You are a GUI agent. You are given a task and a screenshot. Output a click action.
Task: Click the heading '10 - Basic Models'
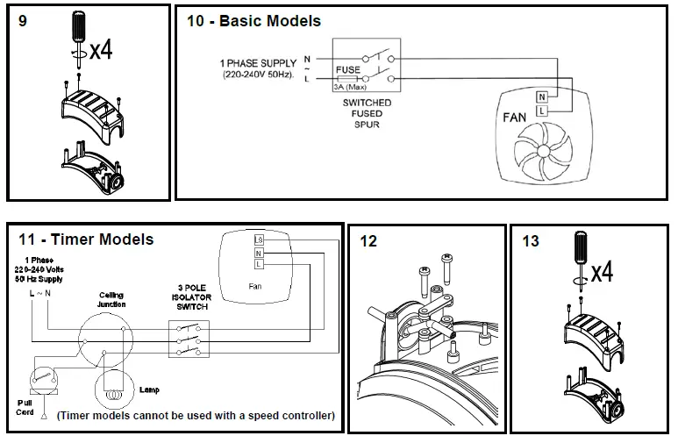pos(253,20)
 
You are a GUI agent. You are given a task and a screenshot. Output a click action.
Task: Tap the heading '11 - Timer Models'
pos(85,239)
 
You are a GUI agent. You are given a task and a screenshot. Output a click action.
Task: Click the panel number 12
pos(368,241)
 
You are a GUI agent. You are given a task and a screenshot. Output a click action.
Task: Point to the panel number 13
pos(531,241)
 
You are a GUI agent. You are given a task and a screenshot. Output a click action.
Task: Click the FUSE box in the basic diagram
pos(347,70)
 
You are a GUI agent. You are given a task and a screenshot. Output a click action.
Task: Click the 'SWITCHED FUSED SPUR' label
pos(367,112)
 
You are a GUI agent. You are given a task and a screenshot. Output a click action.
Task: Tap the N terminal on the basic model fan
pos(541,96)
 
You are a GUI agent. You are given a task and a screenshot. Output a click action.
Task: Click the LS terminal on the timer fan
pos(259,239)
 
